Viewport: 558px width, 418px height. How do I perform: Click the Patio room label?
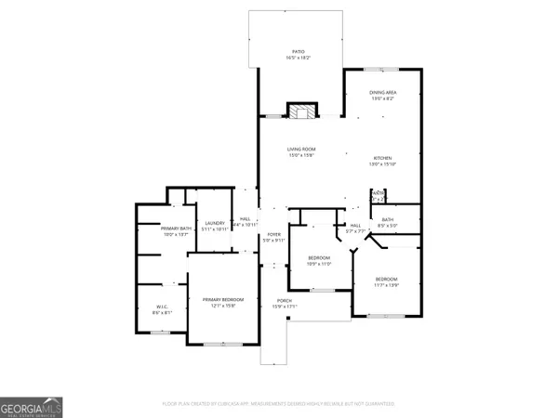(x=299, y=52)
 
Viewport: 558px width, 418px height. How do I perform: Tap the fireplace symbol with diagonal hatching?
(x=300, y=112)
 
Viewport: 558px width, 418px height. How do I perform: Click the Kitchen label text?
(x=384, y=159)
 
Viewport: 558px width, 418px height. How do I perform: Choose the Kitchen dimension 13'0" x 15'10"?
(x=384, y=165)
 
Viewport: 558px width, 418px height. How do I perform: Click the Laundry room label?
(x=216, y=223)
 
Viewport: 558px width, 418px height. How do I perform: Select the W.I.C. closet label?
(x=161, y=307)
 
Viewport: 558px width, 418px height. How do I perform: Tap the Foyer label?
(x=273, y=234)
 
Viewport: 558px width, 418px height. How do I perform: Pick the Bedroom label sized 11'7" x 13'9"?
(x=386, y=280)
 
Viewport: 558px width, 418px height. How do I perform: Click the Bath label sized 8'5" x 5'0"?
(x=387, y=220)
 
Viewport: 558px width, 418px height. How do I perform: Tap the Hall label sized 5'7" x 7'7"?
(x=354, y=226)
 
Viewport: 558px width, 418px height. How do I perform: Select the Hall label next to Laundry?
(x=246, y=219)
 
